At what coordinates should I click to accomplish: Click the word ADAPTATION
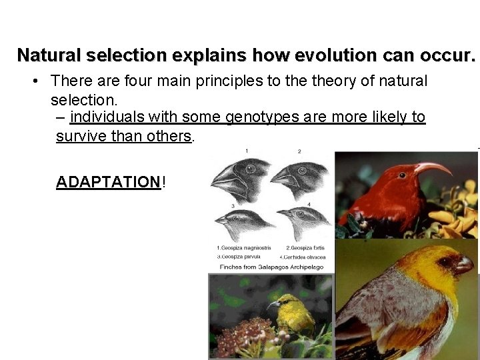108,182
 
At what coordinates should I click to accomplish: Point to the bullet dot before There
35,82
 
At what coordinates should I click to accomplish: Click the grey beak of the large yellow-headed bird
464,265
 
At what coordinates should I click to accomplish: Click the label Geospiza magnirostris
243,247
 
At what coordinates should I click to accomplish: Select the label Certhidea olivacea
303,257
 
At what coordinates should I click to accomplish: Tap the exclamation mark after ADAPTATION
164,182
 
